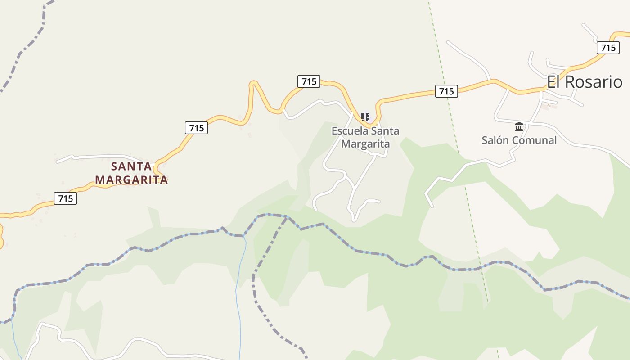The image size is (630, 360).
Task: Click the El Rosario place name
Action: pos(585,82)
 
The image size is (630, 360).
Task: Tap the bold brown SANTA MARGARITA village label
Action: pos(131,173)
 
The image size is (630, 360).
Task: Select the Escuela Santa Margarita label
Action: pos(365,137)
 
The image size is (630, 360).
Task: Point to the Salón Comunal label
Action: pos(519,140)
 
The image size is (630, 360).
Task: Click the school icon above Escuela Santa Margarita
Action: pos(365,118)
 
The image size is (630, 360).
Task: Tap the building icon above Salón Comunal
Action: pos(519,126)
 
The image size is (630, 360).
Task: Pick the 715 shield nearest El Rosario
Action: pos(608,48)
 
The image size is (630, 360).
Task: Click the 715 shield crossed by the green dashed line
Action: pos(446,91)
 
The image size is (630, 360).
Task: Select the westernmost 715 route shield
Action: pos(65,198)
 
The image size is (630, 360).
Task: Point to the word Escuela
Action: pos(349,131)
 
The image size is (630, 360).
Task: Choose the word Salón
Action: pos(495,140)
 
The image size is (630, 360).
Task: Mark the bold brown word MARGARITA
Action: pos(131,180)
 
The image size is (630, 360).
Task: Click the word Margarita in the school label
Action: pos(365,144)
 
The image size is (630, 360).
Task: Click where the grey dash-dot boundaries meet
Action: pos(287,216)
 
